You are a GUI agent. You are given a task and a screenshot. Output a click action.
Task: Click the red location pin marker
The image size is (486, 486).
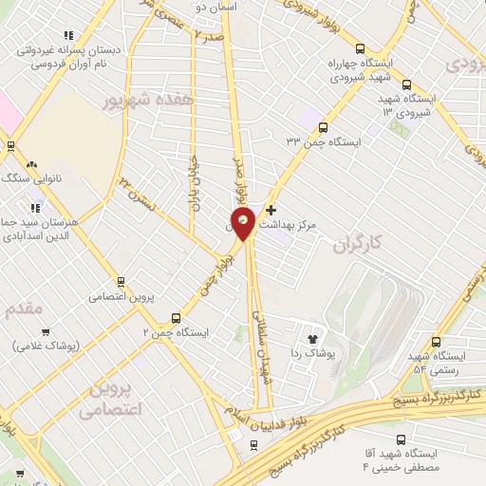coord(245,224)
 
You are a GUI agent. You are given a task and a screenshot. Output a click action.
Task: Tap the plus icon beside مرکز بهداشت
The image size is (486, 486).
coord(271,210)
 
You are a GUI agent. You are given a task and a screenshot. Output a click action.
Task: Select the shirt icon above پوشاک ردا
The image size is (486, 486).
coord(311,337)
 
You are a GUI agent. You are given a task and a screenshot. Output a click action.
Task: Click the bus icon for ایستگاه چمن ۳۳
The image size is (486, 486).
coord(324,126)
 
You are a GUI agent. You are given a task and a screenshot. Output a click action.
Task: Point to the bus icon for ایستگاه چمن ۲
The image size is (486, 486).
coord(175,318)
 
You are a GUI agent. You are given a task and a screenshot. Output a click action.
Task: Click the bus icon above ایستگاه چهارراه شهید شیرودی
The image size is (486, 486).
coord(360,48)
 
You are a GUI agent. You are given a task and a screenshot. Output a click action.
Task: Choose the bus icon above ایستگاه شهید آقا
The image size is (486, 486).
coord(401,439)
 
